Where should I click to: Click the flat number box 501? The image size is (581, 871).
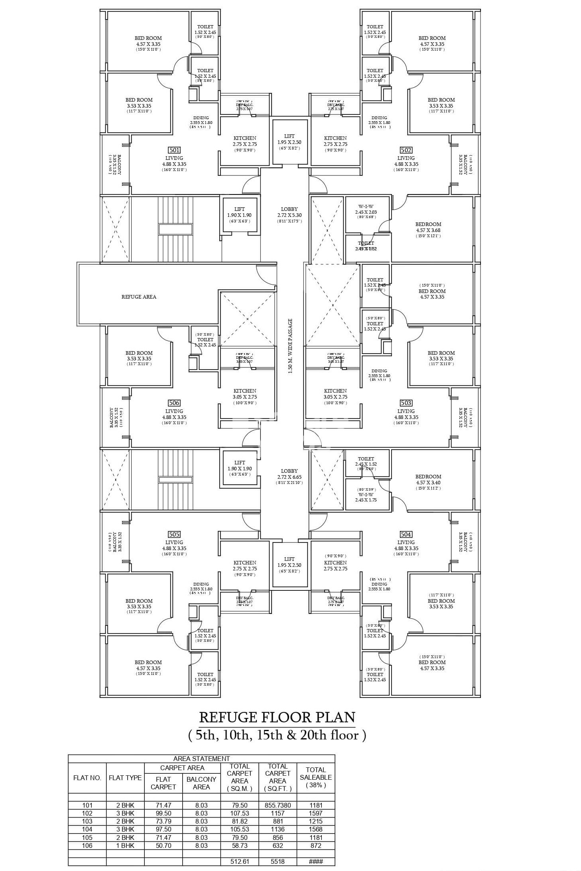(174, 150)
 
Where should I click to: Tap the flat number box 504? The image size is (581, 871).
(406, 534)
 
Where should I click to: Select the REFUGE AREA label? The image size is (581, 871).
(139, 297)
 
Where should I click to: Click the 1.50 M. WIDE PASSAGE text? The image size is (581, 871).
(290, 346)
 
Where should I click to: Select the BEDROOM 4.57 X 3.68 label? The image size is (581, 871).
(428, 227)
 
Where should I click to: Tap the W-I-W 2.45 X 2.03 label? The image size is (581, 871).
(366, 210)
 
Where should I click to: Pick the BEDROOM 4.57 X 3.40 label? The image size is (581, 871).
(428, 480)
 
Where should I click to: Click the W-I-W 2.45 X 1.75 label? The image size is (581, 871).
(366, 497)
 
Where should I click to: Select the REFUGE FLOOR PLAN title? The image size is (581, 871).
(277, 717)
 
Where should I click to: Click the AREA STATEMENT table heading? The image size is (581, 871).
(201, 759)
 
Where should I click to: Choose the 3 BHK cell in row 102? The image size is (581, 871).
(125, 813)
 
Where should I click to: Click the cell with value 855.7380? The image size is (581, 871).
(278, 805)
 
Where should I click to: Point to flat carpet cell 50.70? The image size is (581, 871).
(163, 845)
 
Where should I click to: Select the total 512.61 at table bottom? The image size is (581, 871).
(240, 861)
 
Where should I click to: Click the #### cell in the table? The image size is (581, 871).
(315, 861)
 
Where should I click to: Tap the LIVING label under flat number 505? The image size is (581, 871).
(174, 543)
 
